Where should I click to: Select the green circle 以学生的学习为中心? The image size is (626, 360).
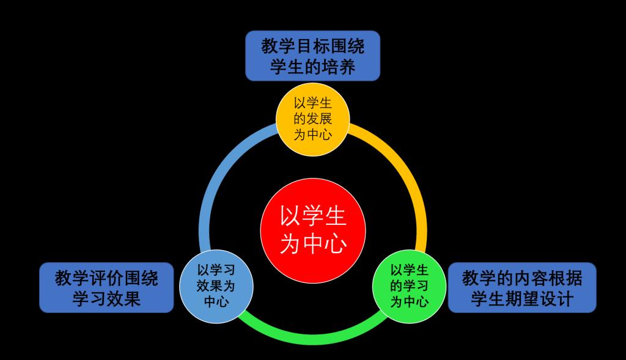coord(409,285)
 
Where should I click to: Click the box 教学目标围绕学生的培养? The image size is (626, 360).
coord(312,56)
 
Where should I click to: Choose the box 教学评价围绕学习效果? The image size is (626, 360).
coord(106,288)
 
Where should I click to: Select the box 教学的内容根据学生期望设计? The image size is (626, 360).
coord(521,288)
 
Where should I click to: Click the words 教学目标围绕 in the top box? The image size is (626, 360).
coord(312,46)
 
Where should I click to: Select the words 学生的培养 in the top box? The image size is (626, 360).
coord(312,66)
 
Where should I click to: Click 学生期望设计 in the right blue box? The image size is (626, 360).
coord(521,299)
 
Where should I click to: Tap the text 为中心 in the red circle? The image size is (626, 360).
coord(313,244)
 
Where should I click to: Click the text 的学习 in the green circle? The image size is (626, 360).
coord(409,285)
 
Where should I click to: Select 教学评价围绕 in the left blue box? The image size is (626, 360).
coord(106,278)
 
